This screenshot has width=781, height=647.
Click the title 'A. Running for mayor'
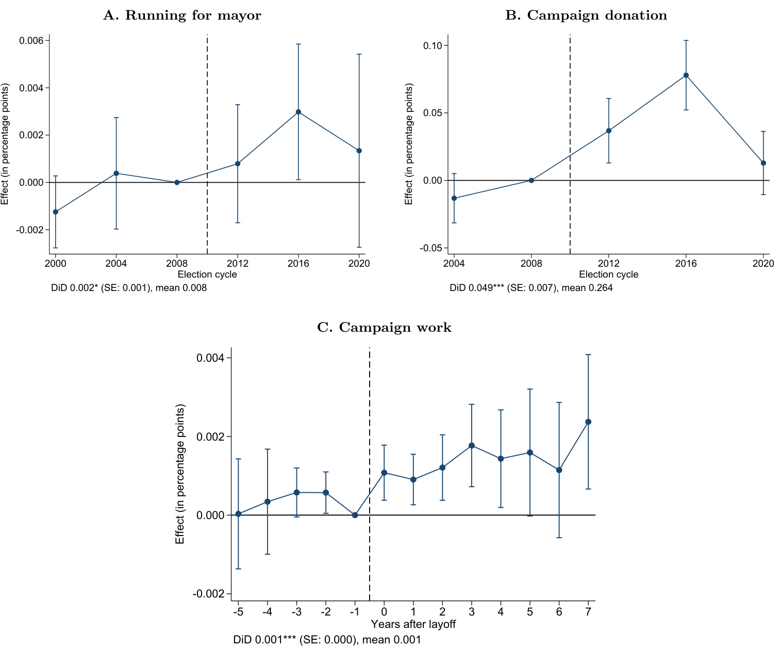182,15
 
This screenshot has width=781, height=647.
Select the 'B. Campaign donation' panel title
586,15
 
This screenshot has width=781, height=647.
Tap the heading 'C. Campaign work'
384,328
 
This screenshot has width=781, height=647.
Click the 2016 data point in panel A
298,112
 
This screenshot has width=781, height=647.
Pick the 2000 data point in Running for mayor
56,212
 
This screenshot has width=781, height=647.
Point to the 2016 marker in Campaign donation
686,75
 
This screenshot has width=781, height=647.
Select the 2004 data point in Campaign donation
454,198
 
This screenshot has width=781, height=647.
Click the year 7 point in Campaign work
588,422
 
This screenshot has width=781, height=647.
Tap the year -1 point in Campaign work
355,515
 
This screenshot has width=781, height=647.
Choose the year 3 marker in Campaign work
472,445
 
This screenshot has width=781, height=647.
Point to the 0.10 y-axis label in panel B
433,45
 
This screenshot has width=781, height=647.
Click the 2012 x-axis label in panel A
238,264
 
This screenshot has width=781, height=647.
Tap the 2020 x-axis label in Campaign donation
763,264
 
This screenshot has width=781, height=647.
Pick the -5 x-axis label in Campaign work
238,612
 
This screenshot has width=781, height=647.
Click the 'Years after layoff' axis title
413,624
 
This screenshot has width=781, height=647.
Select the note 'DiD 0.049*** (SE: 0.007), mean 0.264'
531,288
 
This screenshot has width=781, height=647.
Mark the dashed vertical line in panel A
207,129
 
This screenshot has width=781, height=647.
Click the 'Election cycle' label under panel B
608,274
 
